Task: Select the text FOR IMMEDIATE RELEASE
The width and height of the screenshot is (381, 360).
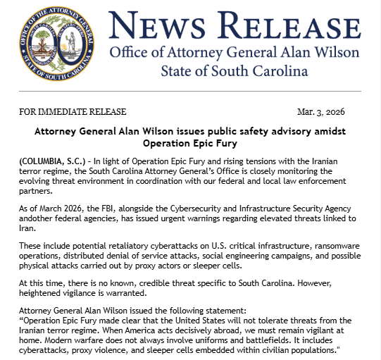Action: (73, 112)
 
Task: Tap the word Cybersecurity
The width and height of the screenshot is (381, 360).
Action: (198, 209)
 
